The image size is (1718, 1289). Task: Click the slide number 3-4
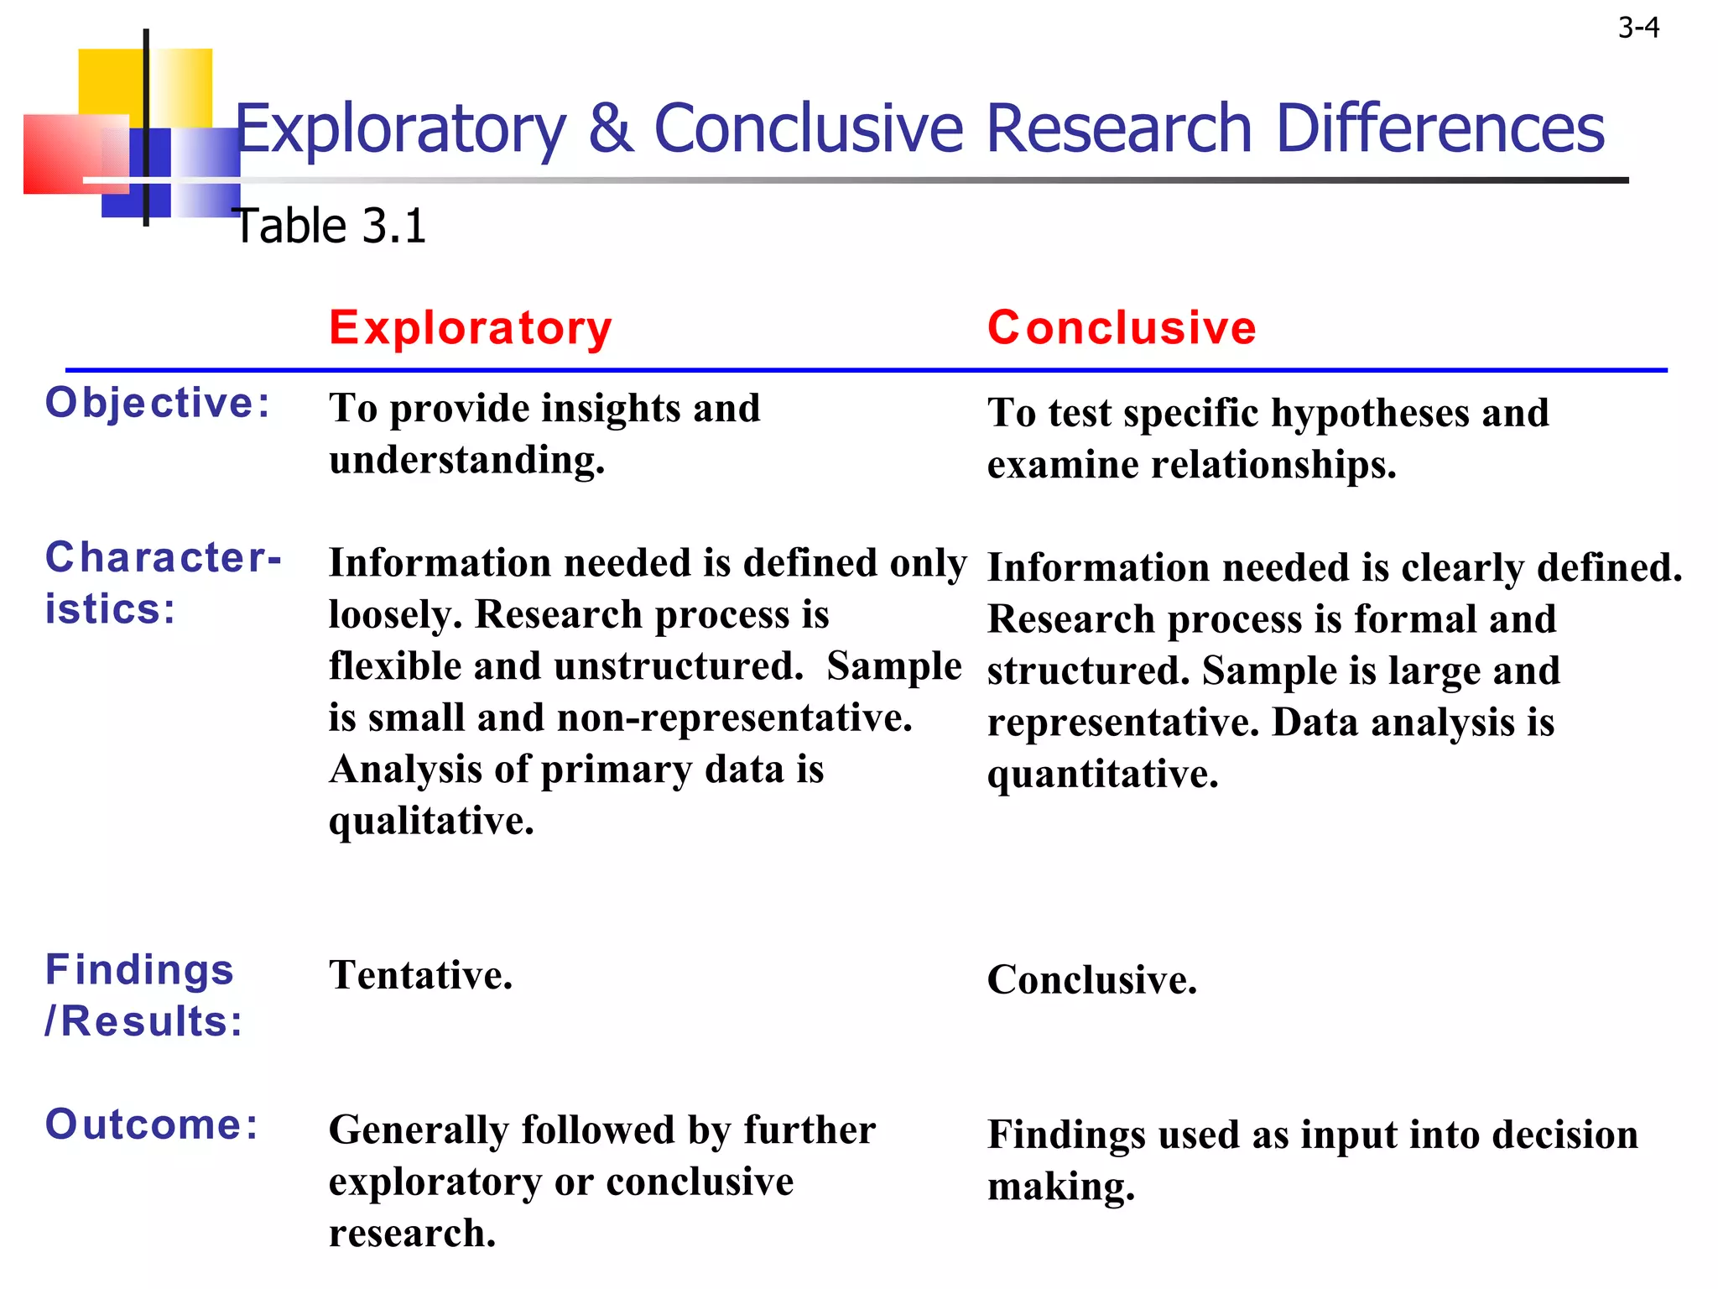[x=1638, y=29]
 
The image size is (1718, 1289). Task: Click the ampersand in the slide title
[x=611, y=128]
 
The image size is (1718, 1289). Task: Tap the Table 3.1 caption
[x=331, y=226]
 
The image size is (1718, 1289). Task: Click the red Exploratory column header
[x=471, y=327]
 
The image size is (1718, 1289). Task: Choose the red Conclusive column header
[x=1122, y=327]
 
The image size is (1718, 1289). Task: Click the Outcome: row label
[x=152, y=1125]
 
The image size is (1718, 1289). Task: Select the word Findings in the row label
[x=139, y=970]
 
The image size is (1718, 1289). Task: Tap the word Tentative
[x=420, y=975]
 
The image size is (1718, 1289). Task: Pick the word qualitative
[x=431, y=821]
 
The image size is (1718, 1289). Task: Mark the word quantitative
[x=1102, y=774]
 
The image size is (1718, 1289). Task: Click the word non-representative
[x=735, y=718]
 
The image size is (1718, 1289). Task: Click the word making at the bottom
[x=1061, y=1187]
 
